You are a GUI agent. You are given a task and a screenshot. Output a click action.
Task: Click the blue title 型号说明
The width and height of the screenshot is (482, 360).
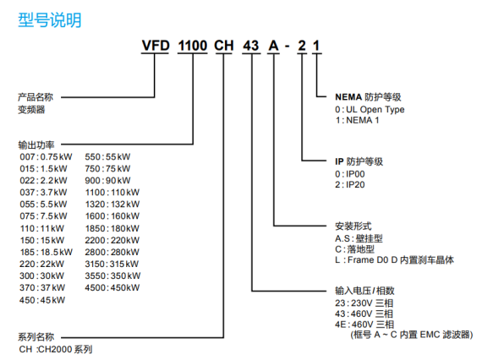[50, 20]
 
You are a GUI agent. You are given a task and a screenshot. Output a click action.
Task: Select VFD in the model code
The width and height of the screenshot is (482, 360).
[156, 46]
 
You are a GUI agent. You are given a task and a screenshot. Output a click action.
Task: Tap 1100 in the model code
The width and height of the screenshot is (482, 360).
[193, 46]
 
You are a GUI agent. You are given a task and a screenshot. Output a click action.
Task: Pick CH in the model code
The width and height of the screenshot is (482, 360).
[224, 46]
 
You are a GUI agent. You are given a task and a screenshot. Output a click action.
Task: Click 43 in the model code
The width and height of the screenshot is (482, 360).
[251, 46]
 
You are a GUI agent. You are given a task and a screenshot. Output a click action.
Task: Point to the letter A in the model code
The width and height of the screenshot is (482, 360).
[273, 46]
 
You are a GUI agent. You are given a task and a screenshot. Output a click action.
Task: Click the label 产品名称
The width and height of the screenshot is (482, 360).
[36, 97]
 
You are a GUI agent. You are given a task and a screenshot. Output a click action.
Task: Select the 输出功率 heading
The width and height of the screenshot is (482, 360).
[36, 145]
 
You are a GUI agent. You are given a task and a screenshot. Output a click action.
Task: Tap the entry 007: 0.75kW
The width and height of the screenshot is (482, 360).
[46, 157]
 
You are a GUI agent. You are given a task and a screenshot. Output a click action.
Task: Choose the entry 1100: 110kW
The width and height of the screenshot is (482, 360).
[112, 193]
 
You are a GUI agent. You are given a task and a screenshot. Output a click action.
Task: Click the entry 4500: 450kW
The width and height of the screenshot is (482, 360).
[112, 287]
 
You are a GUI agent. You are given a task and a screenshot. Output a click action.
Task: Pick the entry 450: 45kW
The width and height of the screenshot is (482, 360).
[42, 300]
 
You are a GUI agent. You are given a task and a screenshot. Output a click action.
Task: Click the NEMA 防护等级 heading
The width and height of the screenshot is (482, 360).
[368, 97]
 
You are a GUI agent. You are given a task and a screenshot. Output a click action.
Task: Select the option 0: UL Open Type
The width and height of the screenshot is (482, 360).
[370, 110]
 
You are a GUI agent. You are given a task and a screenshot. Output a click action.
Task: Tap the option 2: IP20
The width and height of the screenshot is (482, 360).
[350, 184]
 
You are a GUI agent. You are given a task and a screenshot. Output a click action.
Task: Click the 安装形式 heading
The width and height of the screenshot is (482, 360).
[353, 226]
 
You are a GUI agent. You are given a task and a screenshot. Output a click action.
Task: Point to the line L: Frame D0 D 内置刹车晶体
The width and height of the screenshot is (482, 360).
[394, 260]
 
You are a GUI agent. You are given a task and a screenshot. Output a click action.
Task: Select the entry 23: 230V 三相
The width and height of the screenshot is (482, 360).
[364, 303]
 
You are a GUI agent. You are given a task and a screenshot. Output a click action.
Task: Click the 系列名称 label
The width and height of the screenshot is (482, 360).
[36, 337]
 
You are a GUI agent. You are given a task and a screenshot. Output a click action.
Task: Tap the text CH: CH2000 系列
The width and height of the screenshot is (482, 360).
[56, 349]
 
